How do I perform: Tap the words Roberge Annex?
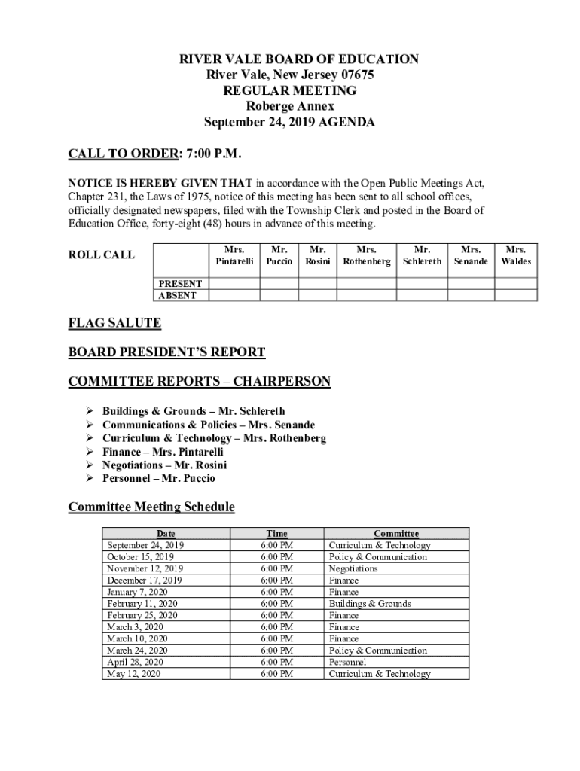(x=290, y=106)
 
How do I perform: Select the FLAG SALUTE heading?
(x=114, y=323)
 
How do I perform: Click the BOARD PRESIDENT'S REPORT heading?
(x=166, y=352)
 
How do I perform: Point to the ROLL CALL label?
(x=102, y=254)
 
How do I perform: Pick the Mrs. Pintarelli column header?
(x=234, y=255)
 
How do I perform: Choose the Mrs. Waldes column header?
(x=516, y=255)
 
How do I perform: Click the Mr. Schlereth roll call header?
(x=423, y=255)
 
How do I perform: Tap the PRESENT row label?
(x=179, y=284)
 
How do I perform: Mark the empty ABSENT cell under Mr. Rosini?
(x=318, y=295)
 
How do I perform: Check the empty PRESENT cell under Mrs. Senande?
(x=471, y=284)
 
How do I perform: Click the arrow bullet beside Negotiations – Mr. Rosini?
(x=88, y=465)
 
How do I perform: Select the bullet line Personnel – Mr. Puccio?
(x=159, y=478)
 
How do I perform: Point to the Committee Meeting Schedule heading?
(x=151, y=507)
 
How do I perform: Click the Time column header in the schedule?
(x=276, y=534)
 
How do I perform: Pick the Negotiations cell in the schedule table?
(x=353, y=568)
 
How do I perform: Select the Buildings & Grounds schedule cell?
(x=370, y=604)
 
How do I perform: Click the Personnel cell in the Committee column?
(x=347, y=662)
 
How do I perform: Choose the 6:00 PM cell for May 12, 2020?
(x=276, y=674)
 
